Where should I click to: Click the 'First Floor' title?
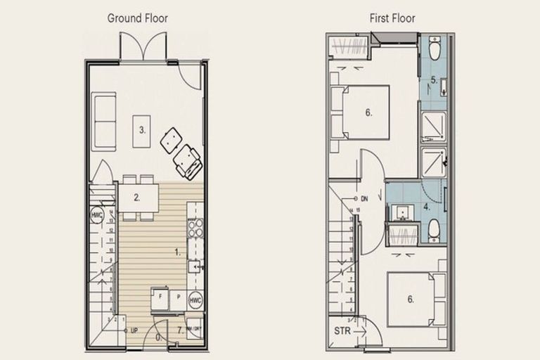(x=392, y=18)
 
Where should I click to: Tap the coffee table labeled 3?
(x=142, y=130)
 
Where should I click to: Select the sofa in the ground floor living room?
(x=104, y=124)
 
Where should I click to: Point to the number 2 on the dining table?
(x=137, y=198)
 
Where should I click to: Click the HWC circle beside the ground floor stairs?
(x=96, y=214)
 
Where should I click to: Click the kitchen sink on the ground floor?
(x=196, y=266)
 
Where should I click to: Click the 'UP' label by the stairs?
(x=131, y=330)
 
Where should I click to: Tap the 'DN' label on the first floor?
(x=364, y=199)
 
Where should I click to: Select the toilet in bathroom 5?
(x=433, y=51)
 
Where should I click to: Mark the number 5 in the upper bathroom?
(x=434, y=80)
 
